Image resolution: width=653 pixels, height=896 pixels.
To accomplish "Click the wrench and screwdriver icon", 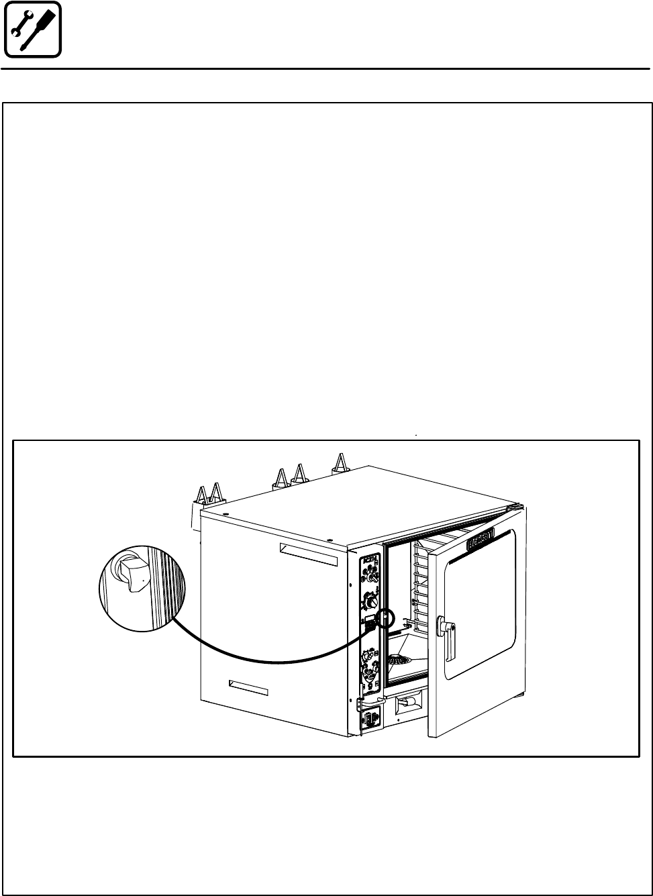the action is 32,29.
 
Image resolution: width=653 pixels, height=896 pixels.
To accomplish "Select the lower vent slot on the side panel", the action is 248,687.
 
